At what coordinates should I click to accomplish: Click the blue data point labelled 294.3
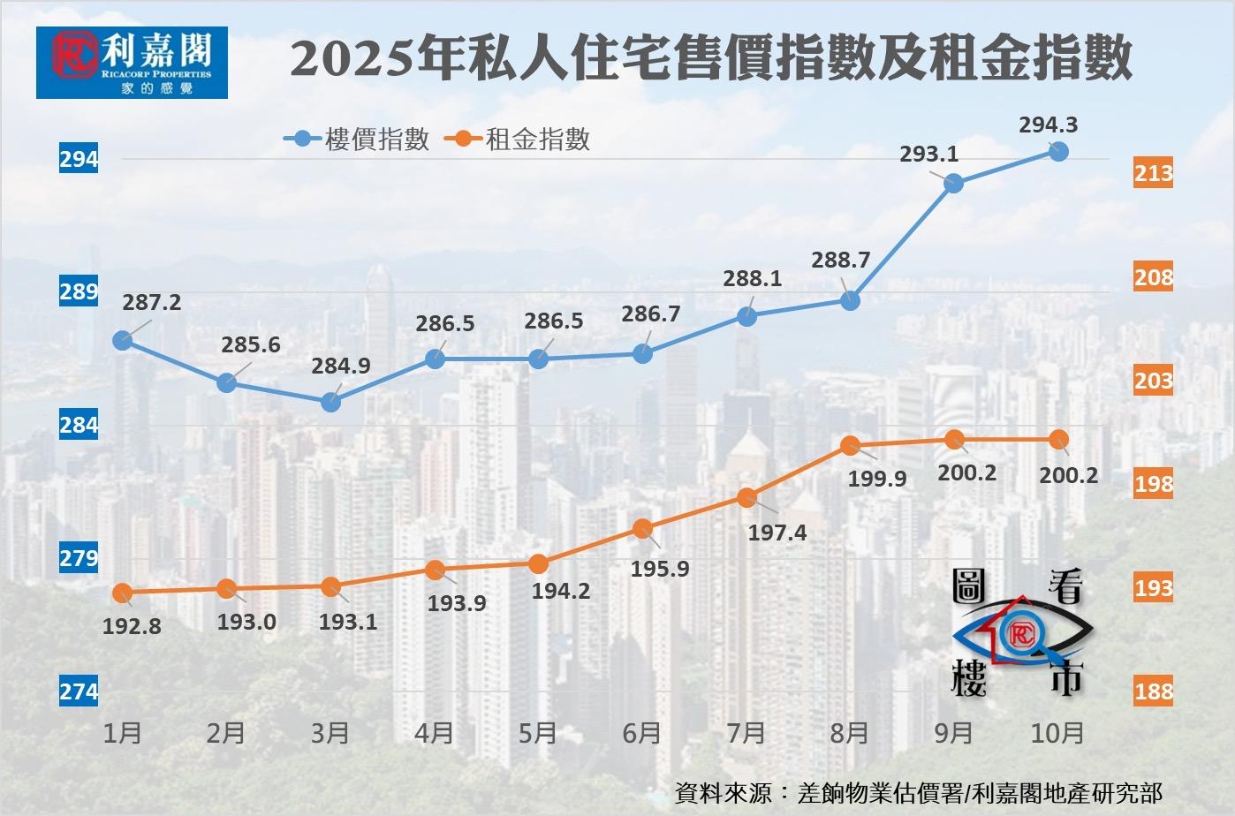tap(1057, 151)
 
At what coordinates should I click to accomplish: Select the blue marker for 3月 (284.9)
tap(330, 402)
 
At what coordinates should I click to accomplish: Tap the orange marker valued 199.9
tap(850, 445)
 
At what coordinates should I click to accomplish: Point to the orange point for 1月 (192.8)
tap(123, 593)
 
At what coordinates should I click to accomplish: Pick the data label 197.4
tap(777, 533)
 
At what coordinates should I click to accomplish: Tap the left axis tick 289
tap(79, 291)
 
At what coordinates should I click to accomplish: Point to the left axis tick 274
tap(79, 691)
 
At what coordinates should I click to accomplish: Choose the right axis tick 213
tap(1154, 173)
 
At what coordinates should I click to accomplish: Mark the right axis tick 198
tap(1154, 484)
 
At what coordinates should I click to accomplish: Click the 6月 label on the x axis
tap(642, 733)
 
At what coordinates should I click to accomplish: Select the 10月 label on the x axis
tap(1057, 733)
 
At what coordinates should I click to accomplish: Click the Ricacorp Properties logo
tap(132, 62)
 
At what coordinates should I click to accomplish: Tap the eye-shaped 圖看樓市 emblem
tap(1023, 633)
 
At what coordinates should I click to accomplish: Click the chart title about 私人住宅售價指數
tap(711, 60)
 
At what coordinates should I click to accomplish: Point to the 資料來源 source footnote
tap(918, 792)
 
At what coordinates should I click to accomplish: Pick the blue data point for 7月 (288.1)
tap(746, 316)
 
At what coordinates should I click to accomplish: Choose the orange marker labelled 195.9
tap(642, 529)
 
